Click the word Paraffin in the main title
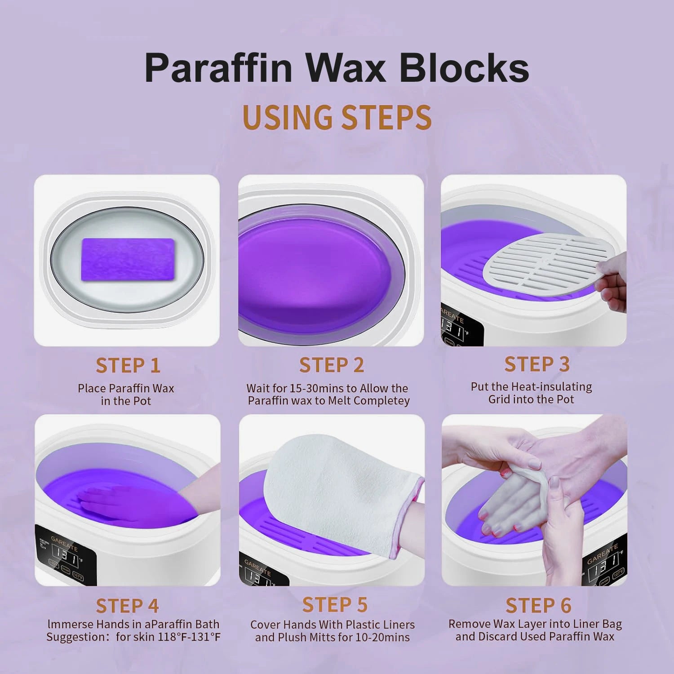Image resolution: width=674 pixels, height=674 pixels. pos(218,68)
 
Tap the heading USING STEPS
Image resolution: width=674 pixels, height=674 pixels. pos(337,118)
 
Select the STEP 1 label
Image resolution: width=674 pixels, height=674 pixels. pos(128,366)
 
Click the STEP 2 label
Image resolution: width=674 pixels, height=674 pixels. pos(332,365)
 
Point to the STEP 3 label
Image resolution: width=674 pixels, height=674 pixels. pos(537,364)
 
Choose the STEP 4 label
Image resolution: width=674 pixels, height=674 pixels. pos(128,606)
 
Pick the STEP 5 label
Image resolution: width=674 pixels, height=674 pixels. pos(335,605)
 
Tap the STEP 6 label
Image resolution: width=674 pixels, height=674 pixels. pos(538,606)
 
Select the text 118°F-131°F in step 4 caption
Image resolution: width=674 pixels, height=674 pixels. pos(189,637)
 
